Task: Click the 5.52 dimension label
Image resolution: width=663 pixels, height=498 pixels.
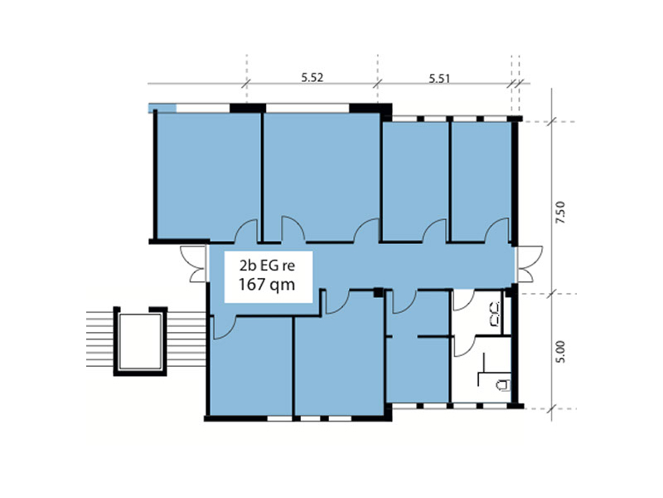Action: click(312, 77)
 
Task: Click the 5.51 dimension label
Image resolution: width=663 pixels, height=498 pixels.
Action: click(440, 78)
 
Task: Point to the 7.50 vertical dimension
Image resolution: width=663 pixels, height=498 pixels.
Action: click(560, 213)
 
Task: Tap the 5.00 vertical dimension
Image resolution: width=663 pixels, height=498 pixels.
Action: click(560, 352)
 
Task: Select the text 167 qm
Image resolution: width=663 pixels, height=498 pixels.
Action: click(266, 284)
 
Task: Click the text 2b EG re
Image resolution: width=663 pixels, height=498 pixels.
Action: click(267, 266)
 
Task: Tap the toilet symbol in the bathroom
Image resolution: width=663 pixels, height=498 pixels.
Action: click(503, 385)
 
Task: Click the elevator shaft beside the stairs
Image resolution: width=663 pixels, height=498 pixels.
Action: click(140, 341)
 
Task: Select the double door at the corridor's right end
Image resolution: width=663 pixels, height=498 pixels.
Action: click(529, 264)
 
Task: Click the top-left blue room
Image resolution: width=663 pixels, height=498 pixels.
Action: click(208, 176)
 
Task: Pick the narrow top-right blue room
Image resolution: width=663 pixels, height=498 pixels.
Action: click(481, 181)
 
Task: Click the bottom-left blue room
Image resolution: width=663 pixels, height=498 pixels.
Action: click(251, 366)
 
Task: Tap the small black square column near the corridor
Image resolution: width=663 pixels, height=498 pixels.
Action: click(379, 292)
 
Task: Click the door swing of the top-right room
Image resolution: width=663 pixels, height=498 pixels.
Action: click(497, 231)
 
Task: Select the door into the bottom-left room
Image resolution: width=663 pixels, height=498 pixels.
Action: click(225, 327)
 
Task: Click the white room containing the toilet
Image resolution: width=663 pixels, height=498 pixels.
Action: click(482, 369)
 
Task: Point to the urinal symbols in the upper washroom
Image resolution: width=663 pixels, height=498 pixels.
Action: click(495, 314)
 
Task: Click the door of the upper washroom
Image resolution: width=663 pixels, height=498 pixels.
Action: click(463, 300)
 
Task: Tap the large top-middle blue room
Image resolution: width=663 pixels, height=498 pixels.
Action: click(322, 176)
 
